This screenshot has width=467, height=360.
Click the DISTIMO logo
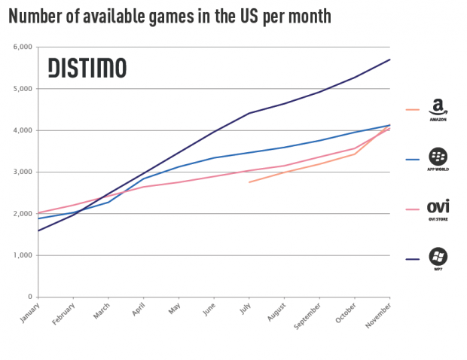pos(87,68)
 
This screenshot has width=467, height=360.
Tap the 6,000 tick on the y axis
pos(22,47)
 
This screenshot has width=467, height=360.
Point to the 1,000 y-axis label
pos(22,255)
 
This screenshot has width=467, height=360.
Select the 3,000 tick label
pos(22,172)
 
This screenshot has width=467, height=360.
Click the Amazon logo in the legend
pos(438,109)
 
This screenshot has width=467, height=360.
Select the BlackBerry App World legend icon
pos(438,158)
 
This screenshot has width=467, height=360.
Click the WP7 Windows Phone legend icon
pos(438,258)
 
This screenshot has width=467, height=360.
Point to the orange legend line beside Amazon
pos(412,109)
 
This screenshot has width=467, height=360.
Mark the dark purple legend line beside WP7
pos(412,258)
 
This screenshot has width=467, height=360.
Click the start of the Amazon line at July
pos(249,182)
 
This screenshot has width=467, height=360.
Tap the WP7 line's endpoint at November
pos(390,59)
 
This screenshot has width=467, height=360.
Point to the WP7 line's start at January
pos(37,230)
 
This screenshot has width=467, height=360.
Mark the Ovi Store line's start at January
pos(37,213)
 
